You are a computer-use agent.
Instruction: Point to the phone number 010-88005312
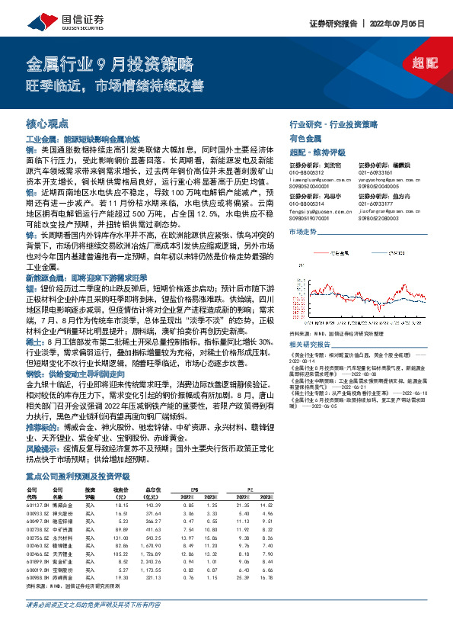(306, 173)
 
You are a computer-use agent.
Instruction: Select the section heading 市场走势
(302, 230)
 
